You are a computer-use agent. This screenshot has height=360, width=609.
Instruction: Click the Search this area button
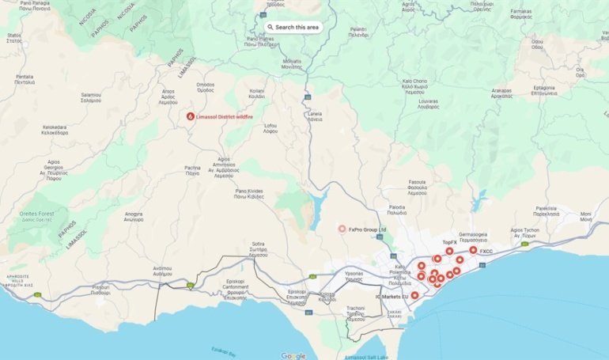pos(293,27)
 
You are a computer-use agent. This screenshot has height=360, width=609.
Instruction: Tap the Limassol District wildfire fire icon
pos(190,116)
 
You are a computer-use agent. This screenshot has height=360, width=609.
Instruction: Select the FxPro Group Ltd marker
pos(342,229)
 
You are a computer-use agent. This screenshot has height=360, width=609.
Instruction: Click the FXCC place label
pos(486,252)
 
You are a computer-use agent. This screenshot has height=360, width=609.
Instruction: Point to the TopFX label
pos(449,242)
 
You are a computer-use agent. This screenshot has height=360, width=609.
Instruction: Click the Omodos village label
pos(206,87)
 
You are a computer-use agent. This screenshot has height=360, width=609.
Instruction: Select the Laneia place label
pos(315,116)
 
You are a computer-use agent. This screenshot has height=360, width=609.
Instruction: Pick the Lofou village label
pos(270,127)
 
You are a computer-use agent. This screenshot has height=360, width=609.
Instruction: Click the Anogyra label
pos(134,215)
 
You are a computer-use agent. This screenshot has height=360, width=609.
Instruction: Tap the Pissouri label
pos(100,289)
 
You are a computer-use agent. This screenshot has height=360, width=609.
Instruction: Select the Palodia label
pos(397,210)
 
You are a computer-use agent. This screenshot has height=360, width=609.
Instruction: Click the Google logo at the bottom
pos(293,355)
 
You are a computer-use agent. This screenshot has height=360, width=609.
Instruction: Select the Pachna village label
pos(192,170)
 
